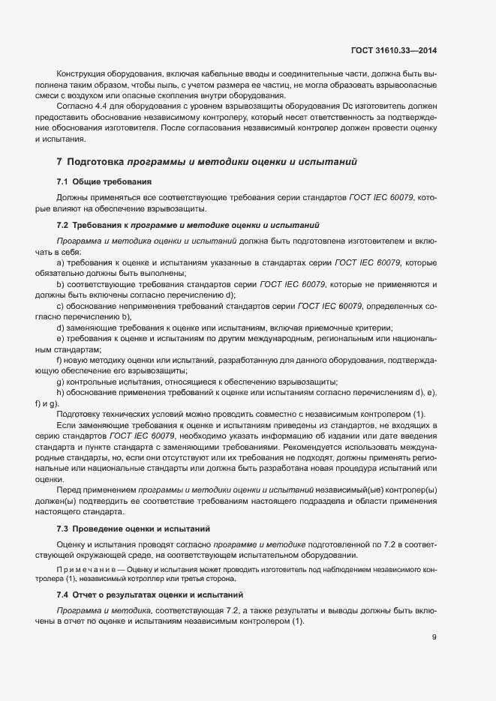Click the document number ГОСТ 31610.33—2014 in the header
[x=393, y=50]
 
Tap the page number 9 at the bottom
[x=434, y=638]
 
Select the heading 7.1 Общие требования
[x=104, y=181]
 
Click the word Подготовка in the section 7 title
[x=96, y=161]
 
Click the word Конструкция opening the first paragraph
[x=81, y=76]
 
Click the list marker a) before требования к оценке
[x=59, y=262]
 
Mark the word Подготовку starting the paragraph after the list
[x=80, y=415]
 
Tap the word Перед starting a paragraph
[x=69, y=490]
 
